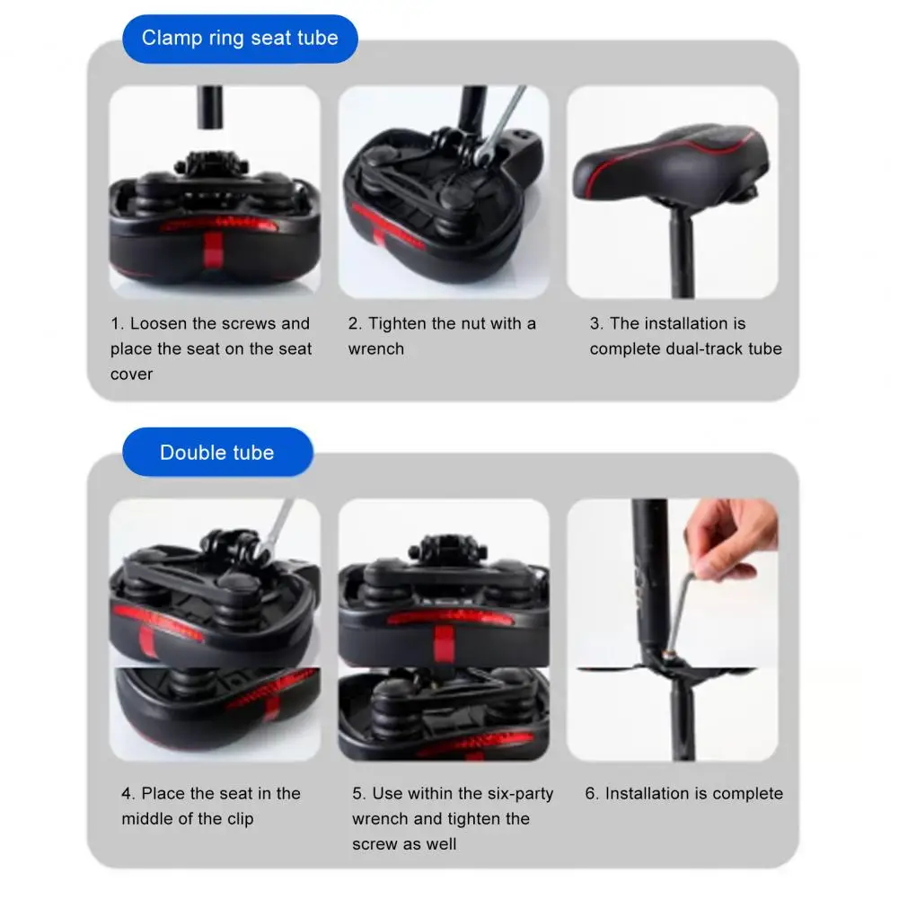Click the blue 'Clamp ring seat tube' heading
point(240,39)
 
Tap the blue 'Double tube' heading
point(217,453)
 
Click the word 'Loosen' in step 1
point(159,323)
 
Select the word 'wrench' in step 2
point(376,348)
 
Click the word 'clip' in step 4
point(240,819)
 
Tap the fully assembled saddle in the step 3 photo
point(671,165)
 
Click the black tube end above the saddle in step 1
point(210,107)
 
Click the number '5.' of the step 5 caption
point(359,794)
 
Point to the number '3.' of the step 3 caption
point(596,323)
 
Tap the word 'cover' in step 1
point(131,375)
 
